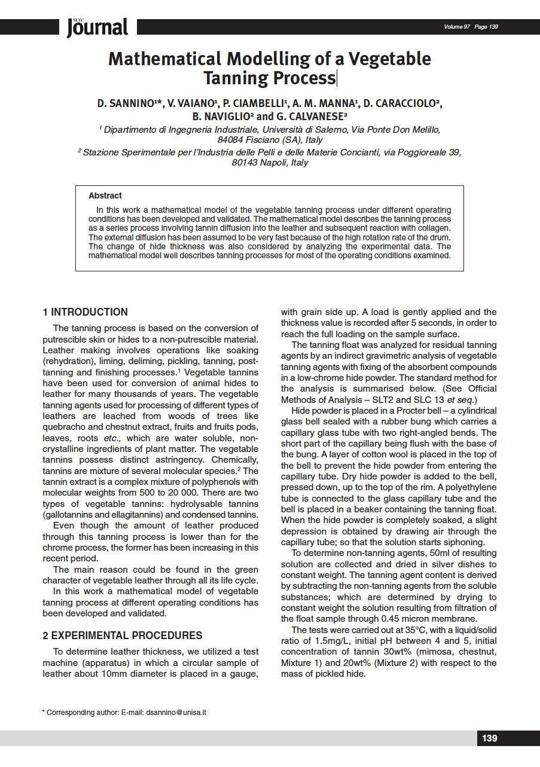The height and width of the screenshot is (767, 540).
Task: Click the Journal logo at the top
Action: pos(98,27)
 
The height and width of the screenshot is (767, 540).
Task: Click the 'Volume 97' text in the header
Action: pos(457,27)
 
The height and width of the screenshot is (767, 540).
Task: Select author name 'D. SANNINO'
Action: pos(127,104)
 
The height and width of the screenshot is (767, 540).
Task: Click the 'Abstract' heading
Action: pos(105,195)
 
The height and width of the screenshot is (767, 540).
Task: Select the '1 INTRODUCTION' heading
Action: pos(85,312)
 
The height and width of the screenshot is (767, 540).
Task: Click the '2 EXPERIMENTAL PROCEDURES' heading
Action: pos(123,635)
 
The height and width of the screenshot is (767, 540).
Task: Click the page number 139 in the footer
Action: pos(489,738)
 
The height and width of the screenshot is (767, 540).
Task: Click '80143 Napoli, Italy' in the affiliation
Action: pos(270,163)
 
